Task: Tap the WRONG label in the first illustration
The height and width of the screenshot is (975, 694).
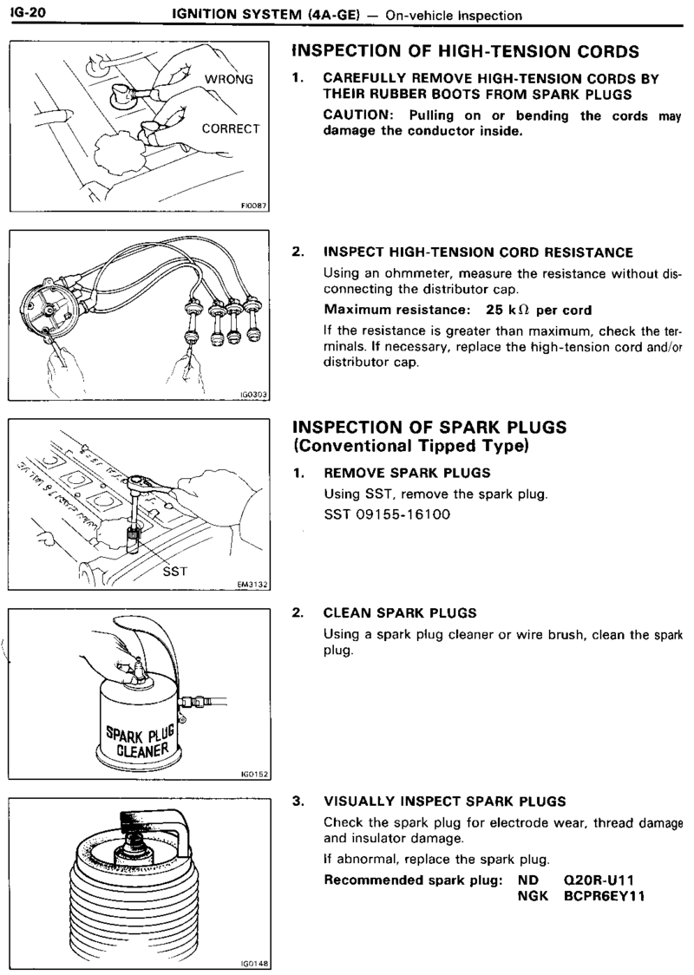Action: point(228,81)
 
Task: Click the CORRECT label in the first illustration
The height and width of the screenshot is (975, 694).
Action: point(231,128)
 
